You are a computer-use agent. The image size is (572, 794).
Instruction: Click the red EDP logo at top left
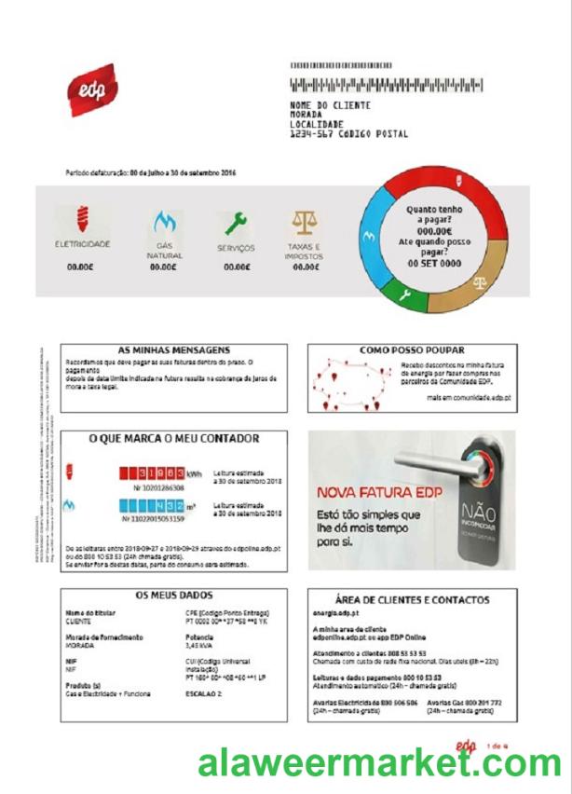[92, 90]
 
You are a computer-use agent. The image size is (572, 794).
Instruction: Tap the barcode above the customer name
[387, 86]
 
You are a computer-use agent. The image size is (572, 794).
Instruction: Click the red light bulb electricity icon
[81, 222]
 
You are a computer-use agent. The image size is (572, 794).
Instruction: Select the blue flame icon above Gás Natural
[164, 224]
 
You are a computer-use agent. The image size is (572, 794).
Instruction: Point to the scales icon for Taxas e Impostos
[304, 222]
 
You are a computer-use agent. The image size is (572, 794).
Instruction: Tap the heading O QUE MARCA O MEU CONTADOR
[174, 438]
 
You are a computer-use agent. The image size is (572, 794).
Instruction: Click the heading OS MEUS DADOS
[174, 595]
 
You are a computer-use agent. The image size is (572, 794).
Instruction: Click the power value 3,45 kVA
[200, 645]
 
